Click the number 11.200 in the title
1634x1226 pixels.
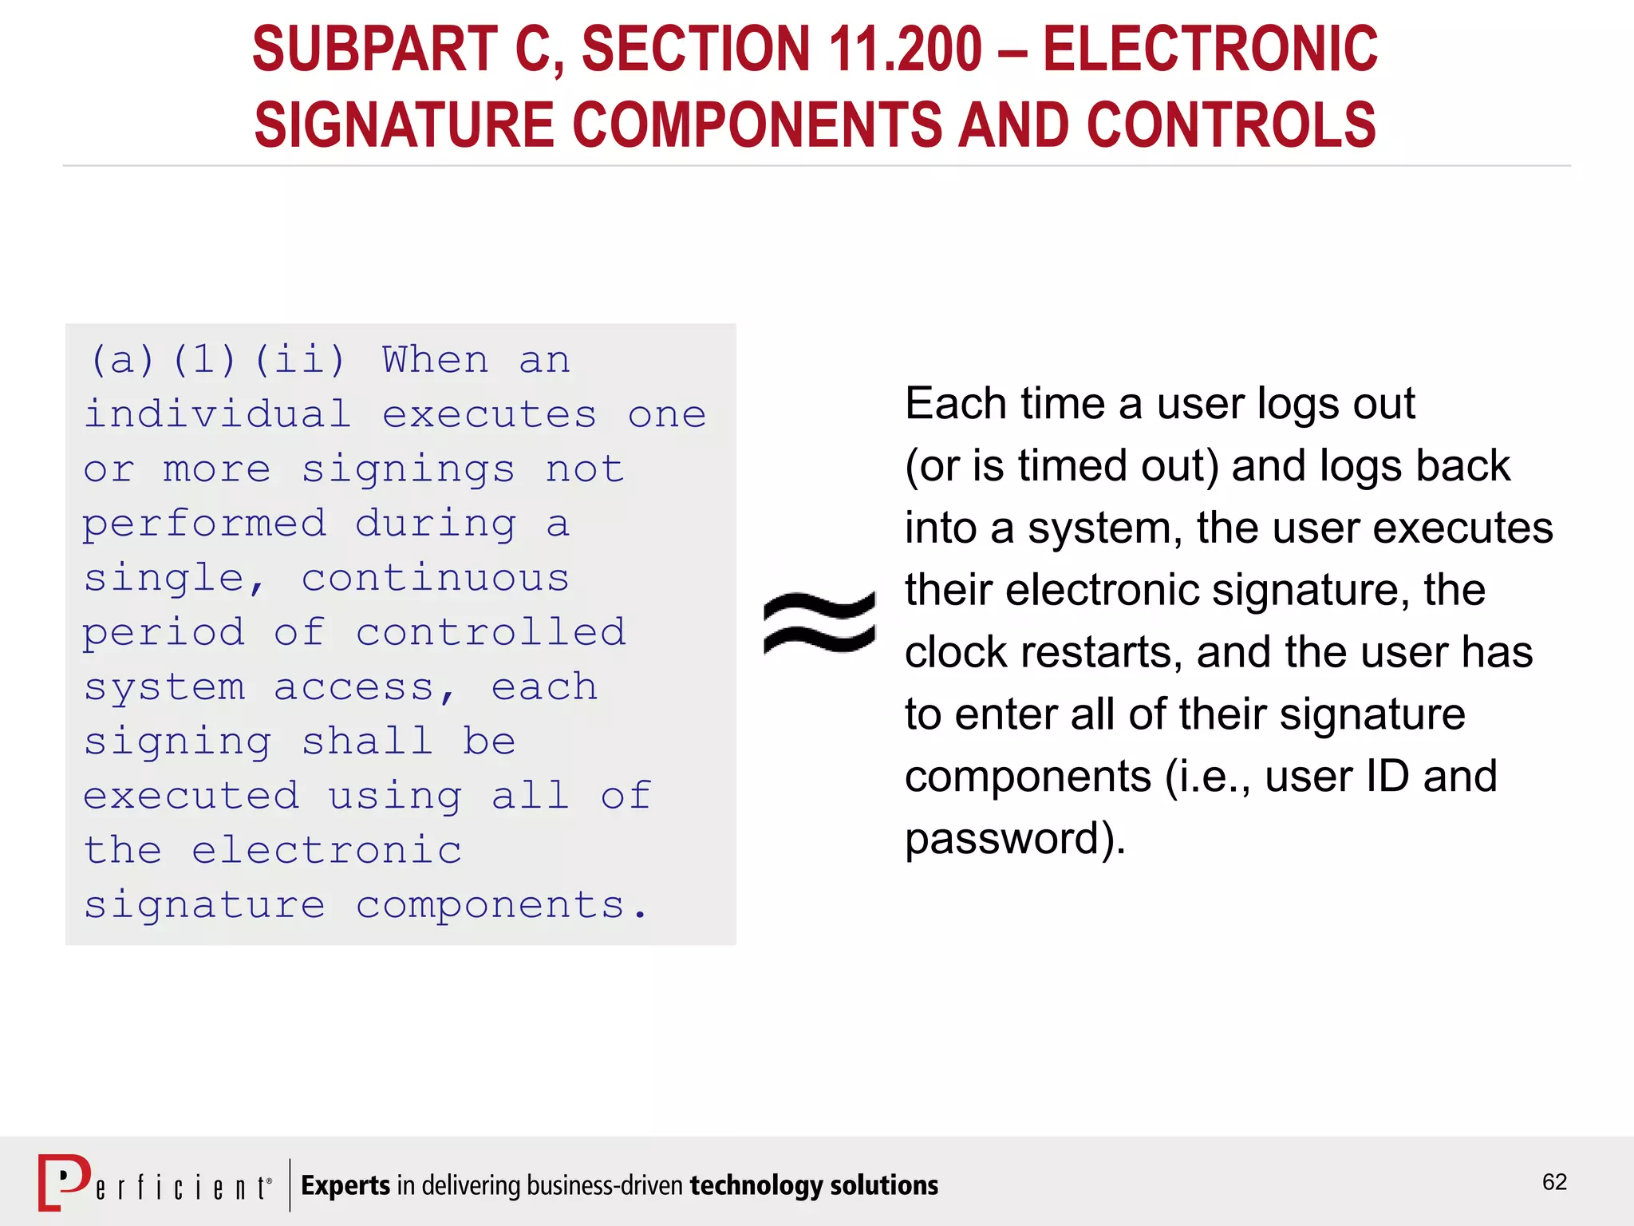(x=905, y=49)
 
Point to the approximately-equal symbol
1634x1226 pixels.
(x=819, y=623)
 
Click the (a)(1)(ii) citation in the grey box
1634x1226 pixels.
(x=219, y=360)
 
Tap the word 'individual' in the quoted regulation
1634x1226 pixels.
(x=218, y=414)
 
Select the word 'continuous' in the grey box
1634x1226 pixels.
(x=436, y=578)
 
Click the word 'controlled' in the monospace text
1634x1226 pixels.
(x=491, y=632)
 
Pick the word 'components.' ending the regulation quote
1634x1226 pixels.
(x=502, y=905)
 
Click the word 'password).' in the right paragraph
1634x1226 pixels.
(x=1015, y=839)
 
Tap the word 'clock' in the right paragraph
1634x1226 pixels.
(x=957, y=652)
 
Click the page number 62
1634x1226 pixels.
(x=1554, y=1182)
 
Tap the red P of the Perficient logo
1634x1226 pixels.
(x=64, y=1181)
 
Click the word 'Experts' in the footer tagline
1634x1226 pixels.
(x=345, y=1186)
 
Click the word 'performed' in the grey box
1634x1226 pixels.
(x=204, y=524)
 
